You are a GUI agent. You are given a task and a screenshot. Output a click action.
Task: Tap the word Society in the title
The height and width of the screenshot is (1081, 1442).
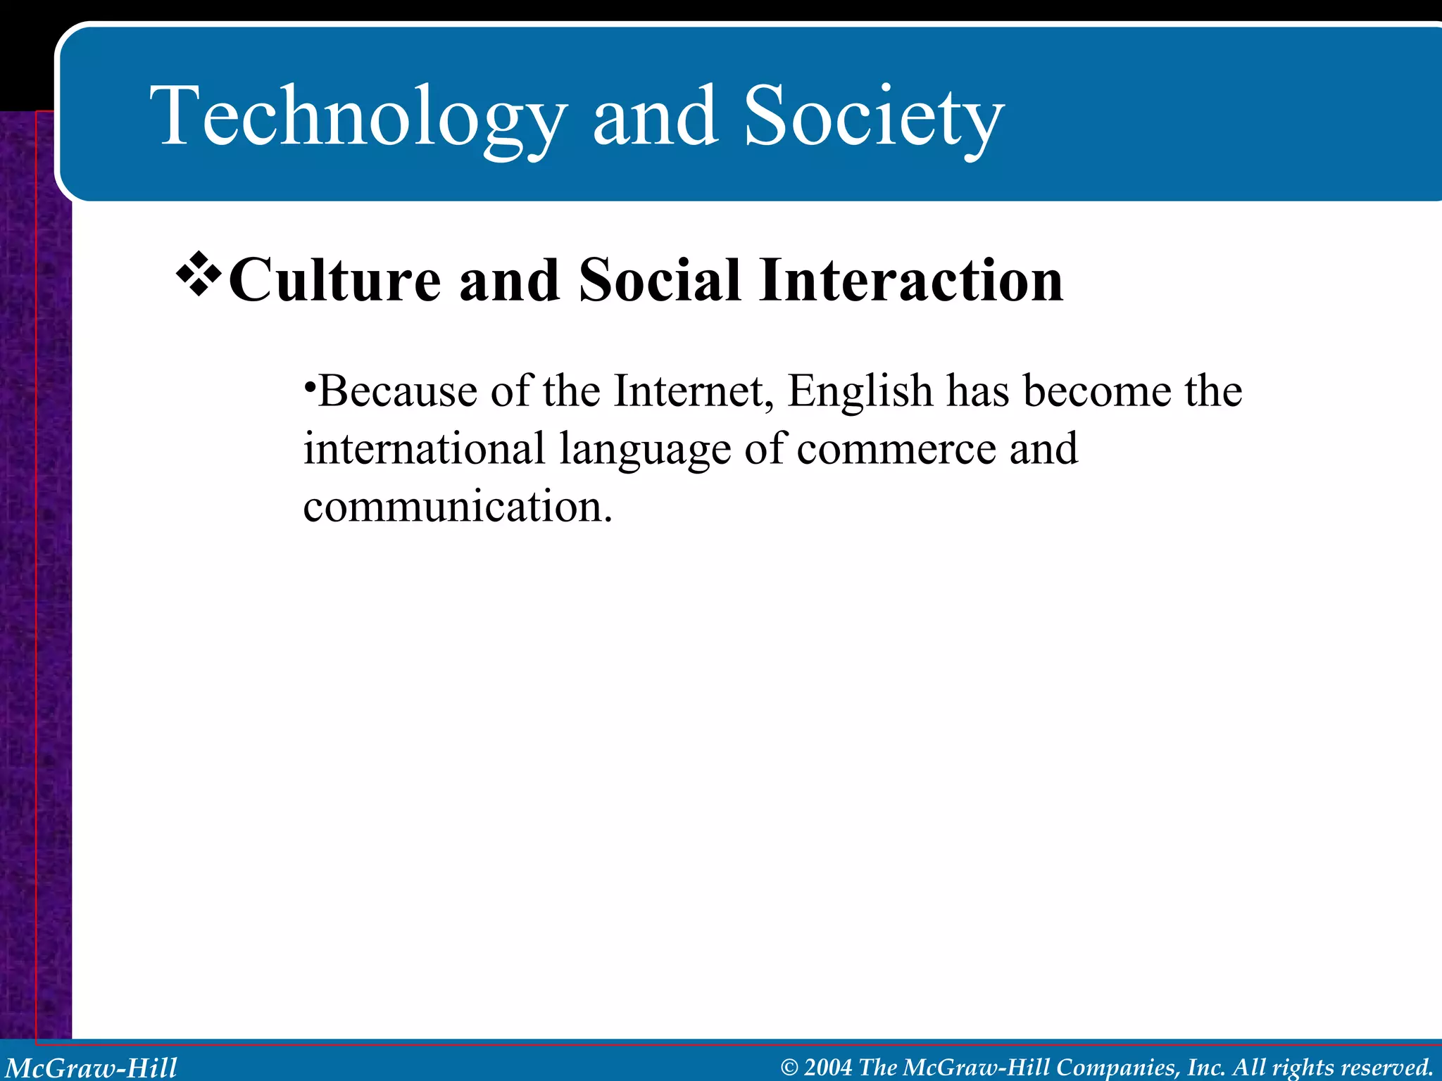point(873,116)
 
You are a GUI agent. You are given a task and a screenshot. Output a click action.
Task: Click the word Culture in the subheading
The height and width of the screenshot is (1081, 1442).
point(335,280)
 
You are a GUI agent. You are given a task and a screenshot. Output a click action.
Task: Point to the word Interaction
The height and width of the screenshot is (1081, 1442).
point(911,280)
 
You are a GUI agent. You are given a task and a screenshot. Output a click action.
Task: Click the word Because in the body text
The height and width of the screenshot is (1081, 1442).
point(398,391)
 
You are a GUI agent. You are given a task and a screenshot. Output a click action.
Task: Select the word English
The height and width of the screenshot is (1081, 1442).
point(860,391)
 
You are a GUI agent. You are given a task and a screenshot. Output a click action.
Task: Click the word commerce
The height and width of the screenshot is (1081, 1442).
point(896,449)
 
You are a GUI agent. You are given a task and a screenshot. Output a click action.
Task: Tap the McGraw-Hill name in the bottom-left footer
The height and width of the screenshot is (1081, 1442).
point(92,1068)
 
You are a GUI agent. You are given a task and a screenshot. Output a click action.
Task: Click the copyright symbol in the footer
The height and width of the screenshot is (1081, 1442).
point(789,1068)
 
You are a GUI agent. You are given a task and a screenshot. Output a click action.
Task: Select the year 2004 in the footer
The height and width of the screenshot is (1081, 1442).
point(828,1068)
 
